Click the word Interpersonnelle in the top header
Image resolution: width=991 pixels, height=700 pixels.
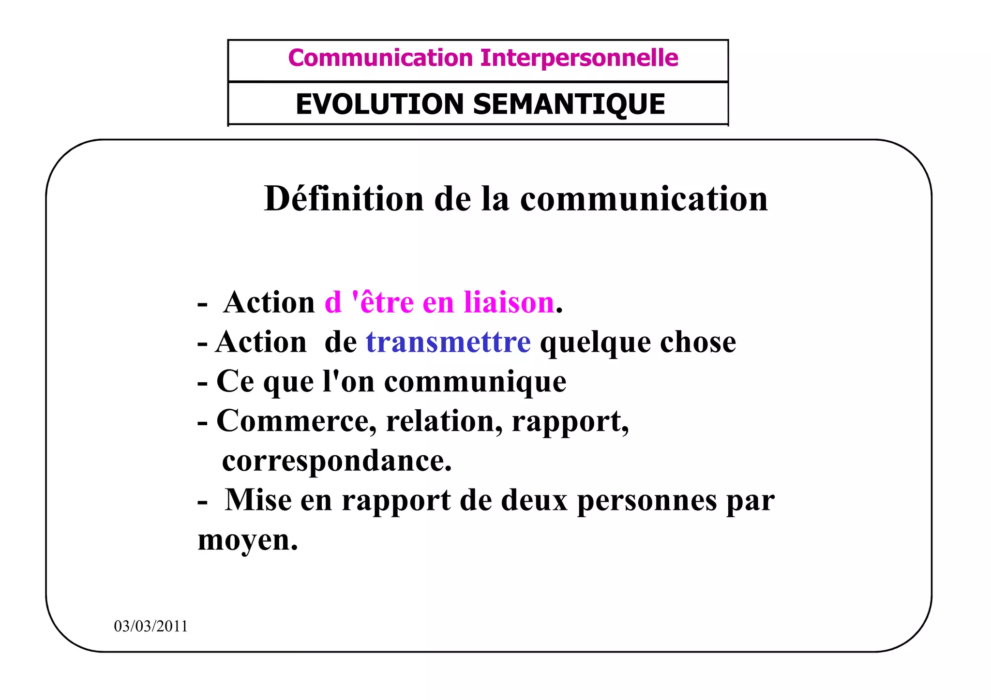click(579, 58)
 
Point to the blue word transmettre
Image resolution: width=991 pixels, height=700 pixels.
click(448, 342)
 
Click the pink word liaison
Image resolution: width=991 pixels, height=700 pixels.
click(509, 302)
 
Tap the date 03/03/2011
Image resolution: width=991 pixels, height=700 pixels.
click(150, 626)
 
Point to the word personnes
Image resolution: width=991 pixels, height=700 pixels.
click(647, 500)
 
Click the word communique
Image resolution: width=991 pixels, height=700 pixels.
click(475, 382)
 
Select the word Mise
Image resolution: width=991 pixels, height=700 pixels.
click(258, 500)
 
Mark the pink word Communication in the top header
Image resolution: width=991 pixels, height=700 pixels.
click(380, 58)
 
